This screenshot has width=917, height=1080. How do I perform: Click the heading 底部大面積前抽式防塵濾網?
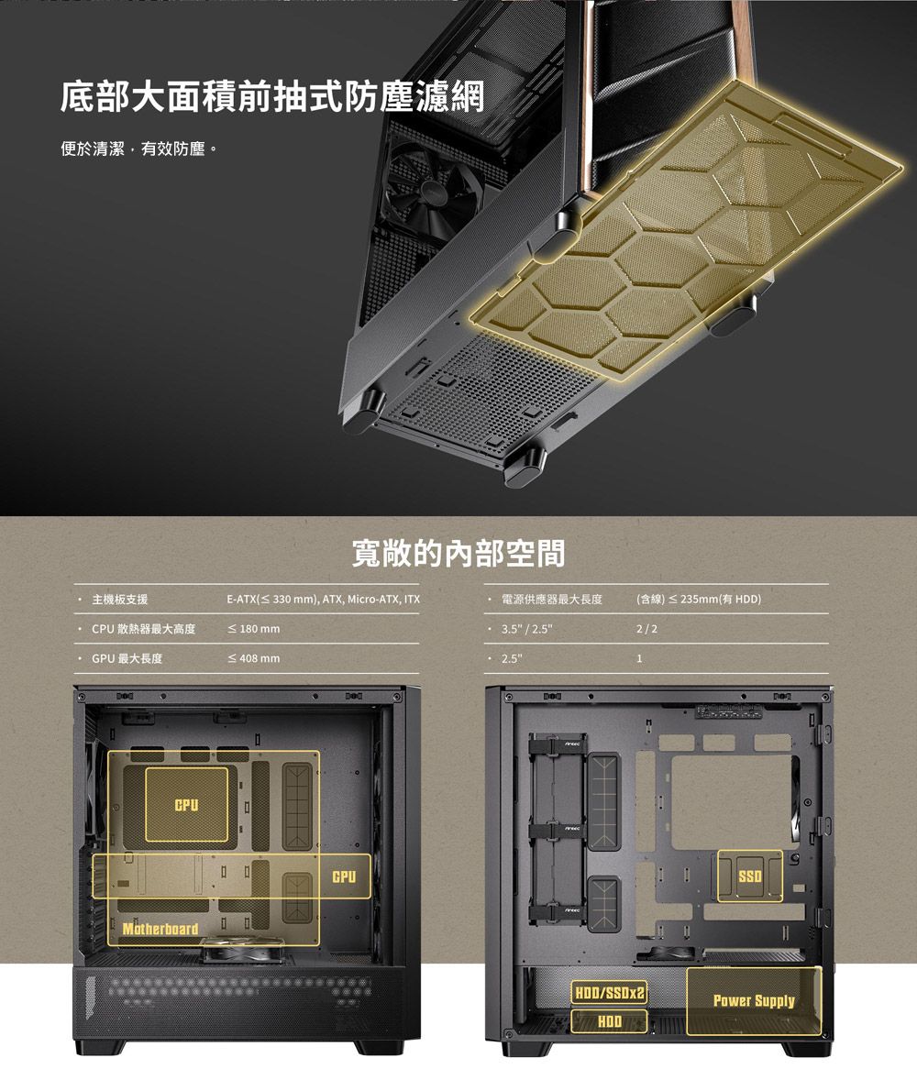click(271, 97)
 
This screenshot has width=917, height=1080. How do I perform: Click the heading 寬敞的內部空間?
click(458, 553)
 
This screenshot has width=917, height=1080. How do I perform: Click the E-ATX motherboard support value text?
click(323, 600)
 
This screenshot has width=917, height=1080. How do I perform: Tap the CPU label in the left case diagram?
click(186, 805)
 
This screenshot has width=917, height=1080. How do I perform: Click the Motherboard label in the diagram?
click(160, 930)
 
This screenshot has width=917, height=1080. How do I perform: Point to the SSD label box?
click(750, 877)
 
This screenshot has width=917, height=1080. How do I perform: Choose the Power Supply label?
click(754, 1000)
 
